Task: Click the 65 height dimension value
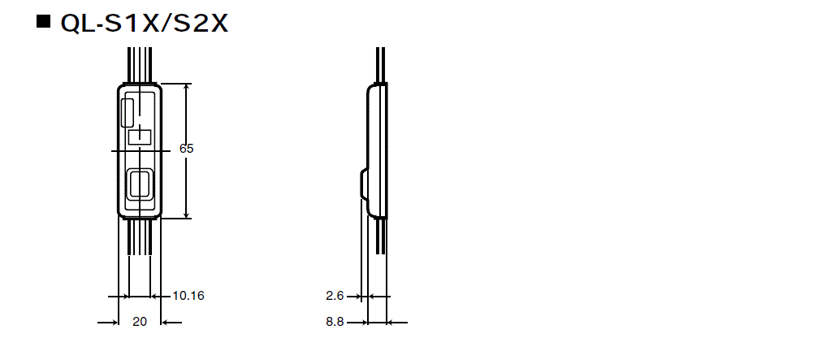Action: pyautogui.click(x=187, y=149)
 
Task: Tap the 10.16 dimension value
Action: pyautogui.click(x=188, y=296)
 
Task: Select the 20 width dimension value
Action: pyautogui.click(x=140, y=322)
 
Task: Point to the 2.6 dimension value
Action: pyautogui.click(x=335, y=296)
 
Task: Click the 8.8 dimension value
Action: pyautogui.click(x=335, y=322)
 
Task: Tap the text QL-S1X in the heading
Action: pyautogui.click(x=110, y=24)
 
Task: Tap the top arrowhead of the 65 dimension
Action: pyautogui.click(x=187, y=88)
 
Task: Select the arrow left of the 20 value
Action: pyautogui.click(x=109, y=323)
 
